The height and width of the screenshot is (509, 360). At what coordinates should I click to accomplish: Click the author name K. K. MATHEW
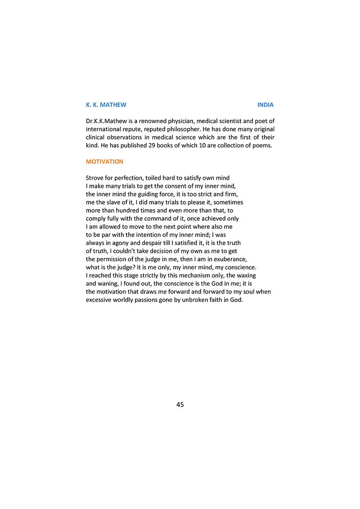106,105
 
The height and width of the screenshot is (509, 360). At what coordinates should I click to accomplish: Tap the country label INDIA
265,105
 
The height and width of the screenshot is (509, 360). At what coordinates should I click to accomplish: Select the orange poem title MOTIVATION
104,161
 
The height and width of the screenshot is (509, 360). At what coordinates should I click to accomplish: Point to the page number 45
180,405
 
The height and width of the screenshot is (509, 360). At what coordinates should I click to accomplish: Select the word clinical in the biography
96,137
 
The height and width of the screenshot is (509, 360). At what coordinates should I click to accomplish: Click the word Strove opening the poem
95,178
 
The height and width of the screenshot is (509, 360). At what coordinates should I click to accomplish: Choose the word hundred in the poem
130,210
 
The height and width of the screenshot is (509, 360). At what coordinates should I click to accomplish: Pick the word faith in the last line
216,299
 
